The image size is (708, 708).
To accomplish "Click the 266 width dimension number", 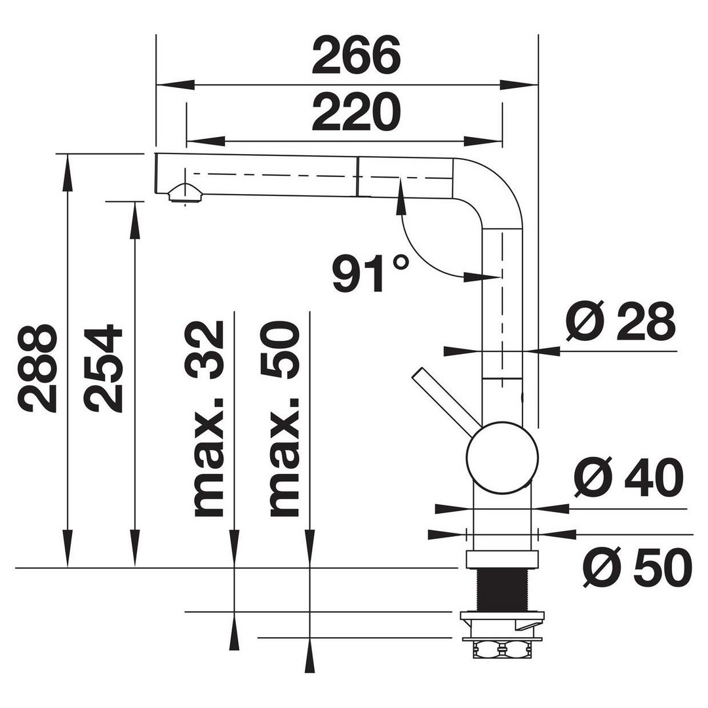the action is pos(356,56).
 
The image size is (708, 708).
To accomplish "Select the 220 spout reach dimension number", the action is pos(356,112).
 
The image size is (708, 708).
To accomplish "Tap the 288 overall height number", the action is pos(38,368).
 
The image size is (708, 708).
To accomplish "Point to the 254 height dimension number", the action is pos(104,368).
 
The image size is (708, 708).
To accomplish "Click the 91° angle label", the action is pos(370,273).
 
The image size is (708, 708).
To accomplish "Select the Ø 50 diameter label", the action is pos(637,568).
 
